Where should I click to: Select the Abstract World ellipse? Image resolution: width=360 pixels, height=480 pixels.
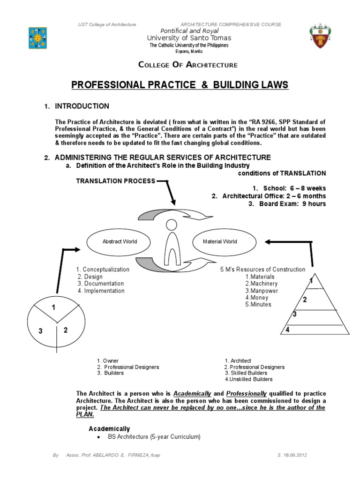click(120, 241)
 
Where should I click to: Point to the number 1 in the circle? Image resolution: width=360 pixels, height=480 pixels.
click(53, 308)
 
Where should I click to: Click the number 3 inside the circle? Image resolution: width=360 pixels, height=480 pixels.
click(41, 331)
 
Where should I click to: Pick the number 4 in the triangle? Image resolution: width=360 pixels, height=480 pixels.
click(288, 330)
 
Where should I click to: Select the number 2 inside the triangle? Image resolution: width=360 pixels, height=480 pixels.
click(304, 300)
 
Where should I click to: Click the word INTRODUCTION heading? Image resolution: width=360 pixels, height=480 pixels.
click(82, 106)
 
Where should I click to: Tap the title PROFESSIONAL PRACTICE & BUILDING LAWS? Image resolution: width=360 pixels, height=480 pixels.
click(180, 85)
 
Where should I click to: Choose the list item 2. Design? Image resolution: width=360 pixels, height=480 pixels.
click(90, 277)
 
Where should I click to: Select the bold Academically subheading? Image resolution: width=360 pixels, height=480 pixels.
click(109, 429)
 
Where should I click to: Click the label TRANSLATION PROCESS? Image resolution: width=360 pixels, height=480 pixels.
click(115, 181)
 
